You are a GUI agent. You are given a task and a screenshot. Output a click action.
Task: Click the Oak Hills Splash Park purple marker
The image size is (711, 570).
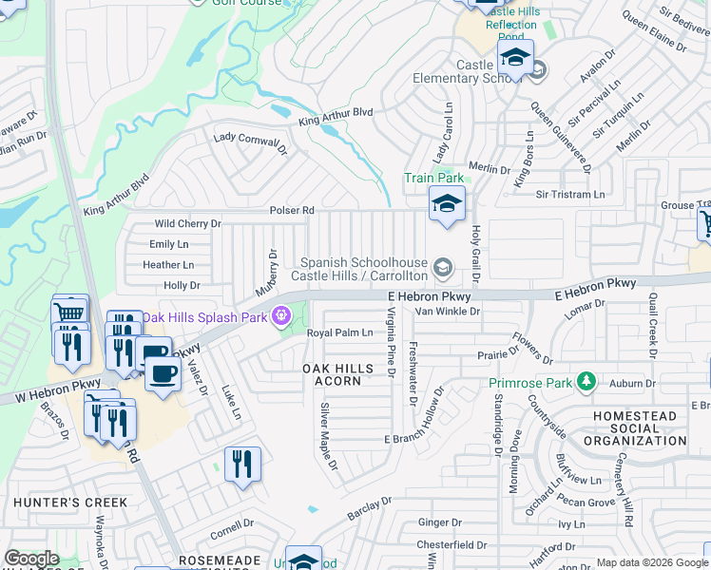[x=281, y=316]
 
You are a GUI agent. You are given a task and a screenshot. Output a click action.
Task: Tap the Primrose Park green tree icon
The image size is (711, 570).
[x=587, y=383]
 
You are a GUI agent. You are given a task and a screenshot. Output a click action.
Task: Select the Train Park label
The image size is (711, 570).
[x=432, y=178]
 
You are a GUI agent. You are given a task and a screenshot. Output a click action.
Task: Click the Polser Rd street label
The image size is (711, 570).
[x=292, y=210]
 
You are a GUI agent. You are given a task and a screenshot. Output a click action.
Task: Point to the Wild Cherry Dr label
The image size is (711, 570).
[x=187, y=224]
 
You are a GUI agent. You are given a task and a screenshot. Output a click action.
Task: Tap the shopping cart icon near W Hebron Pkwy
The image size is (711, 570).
[x=69, y=313]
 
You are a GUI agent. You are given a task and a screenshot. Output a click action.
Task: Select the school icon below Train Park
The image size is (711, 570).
[x=446, y=203]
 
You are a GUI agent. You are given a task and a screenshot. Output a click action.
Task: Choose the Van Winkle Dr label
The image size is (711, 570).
[x=444, y=311]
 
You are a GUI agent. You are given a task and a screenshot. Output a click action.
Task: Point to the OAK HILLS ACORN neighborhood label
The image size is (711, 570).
[x=332, y=374]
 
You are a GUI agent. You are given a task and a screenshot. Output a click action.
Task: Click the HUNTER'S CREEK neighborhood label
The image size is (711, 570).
[x=57, y=502]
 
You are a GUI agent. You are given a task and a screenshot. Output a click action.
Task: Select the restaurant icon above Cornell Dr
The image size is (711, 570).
[x=242, y=465]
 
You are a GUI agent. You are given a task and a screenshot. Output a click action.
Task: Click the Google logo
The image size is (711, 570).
[x=31, y=559]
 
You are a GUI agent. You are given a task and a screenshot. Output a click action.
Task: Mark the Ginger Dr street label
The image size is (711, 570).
[x=439, y=522]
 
